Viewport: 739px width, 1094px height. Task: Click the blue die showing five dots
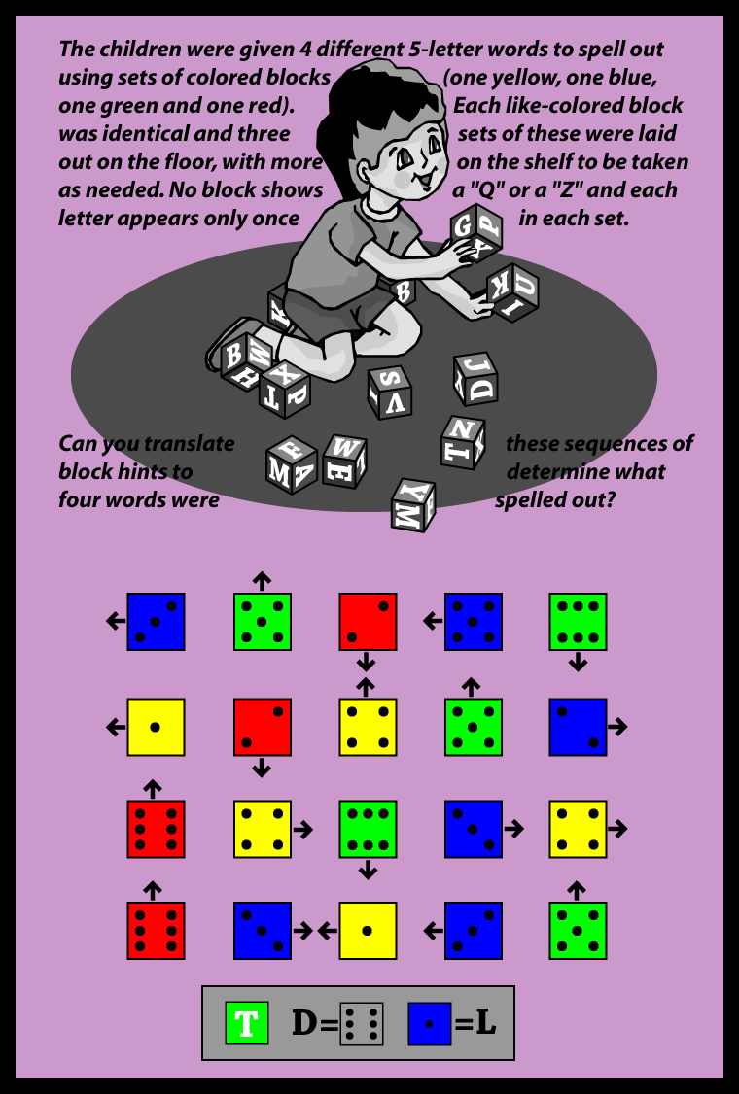tap(474, 622)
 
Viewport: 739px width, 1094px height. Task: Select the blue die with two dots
tap(578, 727)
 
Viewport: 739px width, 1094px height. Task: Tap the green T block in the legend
tap(247, 1023)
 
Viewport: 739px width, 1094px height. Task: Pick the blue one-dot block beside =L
tap(430, 1023)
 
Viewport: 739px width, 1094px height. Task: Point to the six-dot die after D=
tap(362, 1023)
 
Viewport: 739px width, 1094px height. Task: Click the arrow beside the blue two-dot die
tap(617, 727)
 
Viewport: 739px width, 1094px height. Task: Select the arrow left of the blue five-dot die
tap(433, 620)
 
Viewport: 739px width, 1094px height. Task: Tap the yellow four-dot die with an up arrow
tap(369, 727)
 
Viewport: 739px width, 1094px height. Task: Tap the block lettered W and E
tap(344, 462)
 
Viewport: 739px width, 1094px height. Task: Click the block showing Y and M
tap(413, 504)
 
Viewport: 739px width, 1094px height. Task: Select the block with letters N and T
tap(463, 441)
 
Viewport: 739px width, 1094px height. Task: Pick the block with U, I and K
tap(512, 291)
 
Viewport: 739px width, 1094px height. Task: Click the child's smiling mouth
tap(425, 181)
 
